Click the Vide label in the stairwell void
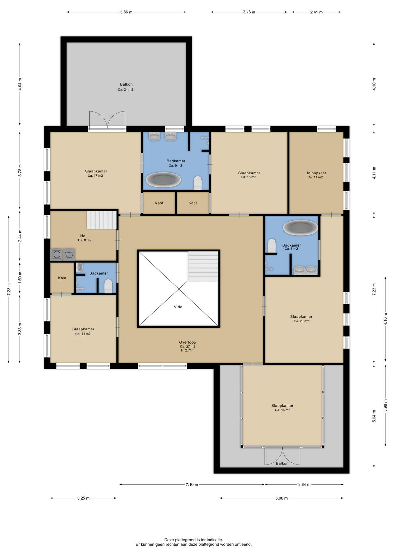pos(178,307)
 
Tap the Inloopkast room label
pos(316,173)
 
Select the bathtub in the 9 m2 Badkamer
pos(163,180)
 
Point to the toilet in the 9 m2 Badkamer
pos(198,183)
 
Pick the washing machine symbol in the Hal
pos(57,254)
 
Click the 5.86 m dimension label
pos(126,12)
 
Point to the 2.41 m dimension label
pos(316,12)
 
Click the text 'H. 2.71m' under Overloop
pos(187,350)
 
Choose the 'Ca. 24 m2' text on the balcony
pos(125,90)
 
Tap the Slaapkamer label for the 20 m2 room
pos(301,317)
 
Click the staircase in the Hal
pos(102,220)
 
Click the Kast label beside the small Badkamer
pos(62,278)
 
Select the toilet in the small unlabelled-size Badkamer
pos(108,286)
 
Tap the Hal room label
pos(83,236)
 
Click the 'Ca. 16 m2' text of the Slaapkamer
pos(282,410)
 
